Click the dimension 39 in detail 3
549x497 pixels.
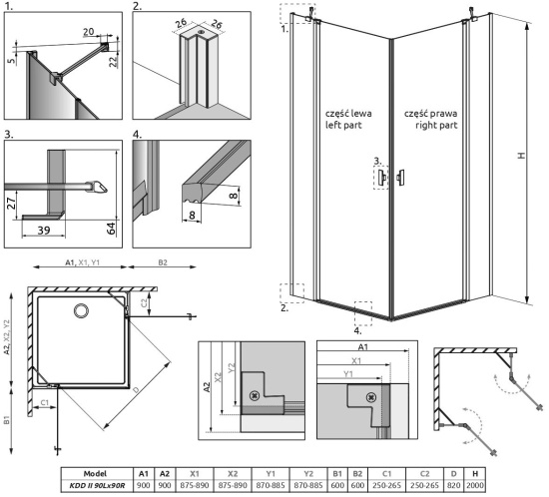44,230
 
